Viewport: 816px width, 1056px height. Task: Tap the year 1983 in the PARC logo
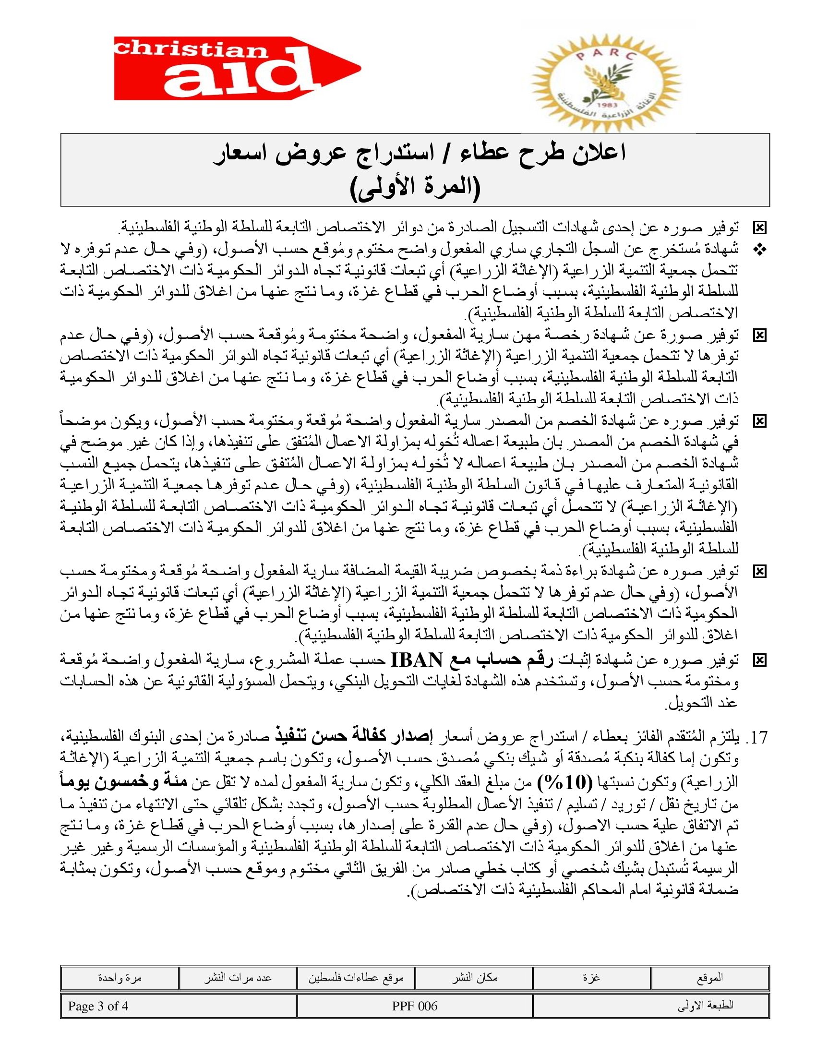coord(605,105)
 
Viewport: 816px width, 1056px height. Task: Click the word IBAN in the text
coord(416,660)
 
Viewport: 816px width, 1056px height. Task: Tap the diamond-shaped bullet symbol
coord(759,250)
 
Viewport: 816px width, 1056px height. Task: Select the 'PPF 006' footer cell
coord(415,1006)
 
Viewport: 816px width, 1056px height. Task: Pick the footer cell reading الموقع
coord(709,978)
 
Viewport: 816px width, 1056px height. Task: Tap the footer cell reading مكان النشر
coord(474,978)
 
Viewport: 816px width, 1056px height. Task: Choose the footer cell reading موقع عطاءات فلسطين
coord(356,978)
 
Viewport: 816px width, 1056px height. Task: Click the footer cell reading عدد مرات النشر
coord(237,978)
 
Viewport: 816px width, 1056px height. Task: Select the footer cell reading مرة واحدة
coord(120,978)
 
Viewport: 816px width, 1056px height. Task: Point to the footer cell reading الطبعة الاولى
coord(651,1006)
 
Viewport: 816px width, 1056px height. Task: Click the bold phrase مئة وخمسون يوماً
coord(124,781)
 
